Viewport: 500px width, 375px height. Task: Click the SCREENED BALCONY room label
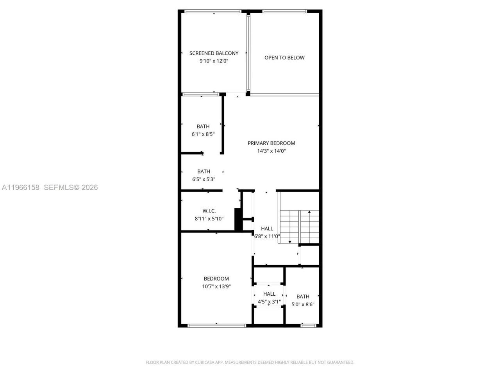click(214, 53)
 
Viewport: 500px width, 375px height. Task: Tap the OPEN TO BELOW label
click(284, 58)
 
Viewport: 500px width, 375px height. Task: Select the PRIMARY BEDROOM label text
click(271, 143)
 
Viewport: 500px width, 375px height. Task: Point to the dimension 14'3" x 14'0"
click(271, 151)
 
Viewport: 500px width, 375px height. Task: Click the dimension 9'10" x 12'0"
click(214, 61)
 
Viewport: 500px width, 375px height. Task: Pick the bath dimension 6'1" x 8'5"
click(203, 134)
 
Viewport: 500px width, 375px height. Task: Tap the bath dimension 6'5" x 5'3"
click(204, 179)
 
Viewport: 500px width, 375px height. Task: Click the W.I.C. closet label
click(209, 211)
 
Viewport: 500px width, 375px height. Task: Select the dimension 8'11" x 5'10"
click(209, 219)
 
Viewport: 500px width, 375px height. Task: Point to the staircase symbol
click(299, 227)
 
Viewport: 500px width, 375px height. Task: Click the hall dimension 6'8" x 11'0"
click(267, 236)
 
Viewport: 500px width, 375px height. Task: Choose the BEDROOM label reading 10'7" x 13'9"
click(216, 279)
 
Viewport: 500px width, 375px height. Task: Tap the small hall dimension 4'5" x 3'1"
click(269, 302)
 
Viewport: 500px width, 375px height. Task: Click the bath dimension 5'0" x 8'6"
click(303, 304)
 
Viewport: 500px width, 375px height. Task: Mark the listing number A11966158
click(21, 187)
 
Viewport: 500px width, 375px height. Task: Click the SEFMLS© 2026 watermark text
click(71, 187)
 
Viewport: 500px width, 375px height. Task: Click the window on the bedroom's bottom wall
click(217, 325)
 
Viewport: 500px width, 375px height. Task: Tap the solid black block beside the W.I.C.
click(237, 220)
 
